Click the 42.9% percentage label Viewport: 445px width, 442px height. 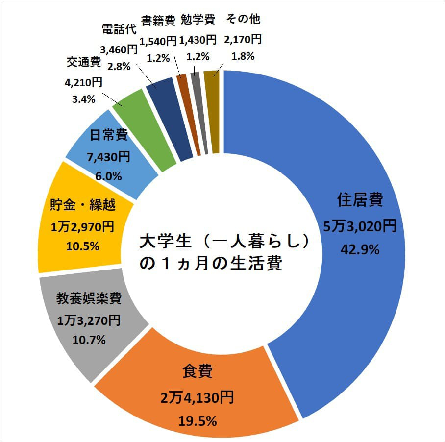tap(360, 250)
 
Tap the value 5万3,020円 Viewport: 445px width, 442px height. tap(359, 226)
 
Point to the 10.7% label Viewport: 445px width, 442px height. tap(88, 340)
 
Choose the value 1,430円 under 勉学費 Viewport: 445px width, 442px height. tap(198, 38)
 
